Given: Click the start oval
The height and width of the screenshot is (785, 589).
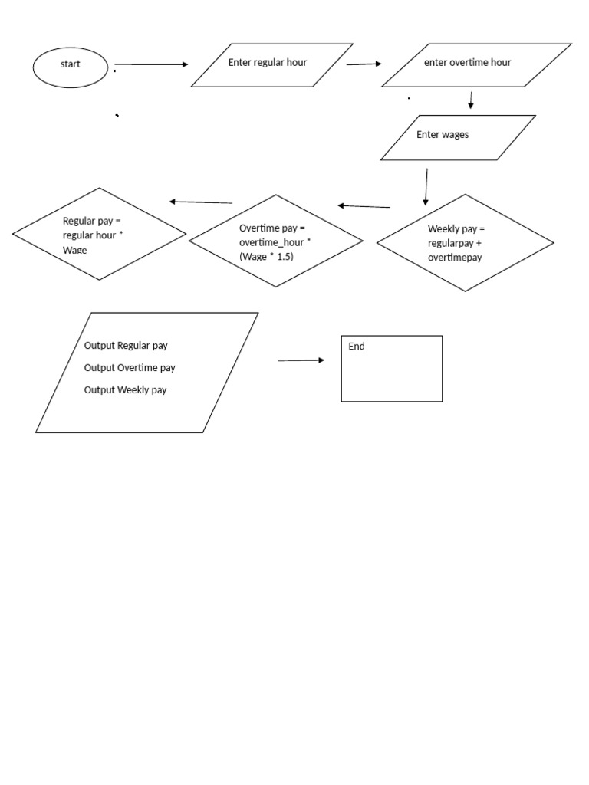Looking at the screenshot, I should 70,66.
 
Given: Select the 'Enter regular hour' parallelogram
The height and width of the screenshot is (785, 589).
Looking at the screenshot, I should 271,65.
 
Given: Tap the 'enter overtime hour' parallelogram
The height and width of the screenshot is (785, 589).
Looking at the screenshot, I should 475,65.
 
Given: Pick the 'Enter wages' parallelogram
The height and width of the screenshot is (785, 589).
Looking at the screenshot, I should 458,137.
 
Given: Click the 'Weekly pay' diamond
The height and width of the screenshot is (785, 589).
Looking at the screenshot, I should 465,242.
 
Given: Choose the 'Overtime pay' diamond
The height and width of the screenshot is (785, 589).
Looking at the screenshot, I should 276,241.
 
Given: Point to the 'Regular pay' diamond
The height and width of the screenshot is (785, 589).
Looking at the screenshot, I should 99,234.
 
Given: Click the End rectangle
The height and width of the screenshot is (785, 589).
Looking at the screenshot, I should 391,368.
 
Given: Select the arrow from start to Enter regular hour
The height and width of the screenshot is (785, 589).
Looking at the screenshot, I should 151,65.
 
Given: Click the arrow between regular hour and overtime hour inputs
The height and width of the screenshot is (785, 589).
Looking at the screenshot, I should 364,64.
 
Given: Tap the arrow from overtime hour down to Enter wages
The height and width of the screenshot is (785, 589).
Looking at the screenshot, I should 470,100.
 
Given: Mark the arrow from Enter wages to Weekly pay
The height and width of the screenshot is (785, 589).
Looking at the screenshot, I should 426,187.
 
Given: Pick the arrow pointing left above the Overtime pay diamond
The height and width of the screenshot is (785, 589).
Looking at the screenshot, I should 364,205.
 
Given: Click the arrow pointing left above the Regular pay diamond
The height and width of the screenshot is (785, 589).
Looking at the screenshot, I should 201,202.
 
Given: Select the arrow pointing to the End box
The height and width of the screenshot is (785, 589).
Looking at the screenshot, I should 301,360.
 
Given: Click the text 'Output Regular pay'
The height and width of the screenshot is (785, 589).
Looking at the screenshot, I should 126,346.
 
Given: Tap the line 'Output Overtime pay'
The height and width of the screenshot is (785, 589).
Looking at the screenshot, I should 130,368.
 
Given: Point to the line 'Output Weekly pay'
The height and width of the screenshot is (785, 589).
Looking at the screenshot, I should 125,390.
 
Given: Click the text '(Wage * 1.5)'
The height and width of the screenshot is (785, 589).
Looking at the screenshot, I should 266,257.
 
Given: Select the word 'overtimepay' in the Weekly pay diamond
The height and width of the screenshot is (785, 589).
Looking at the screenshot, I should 455,258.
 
